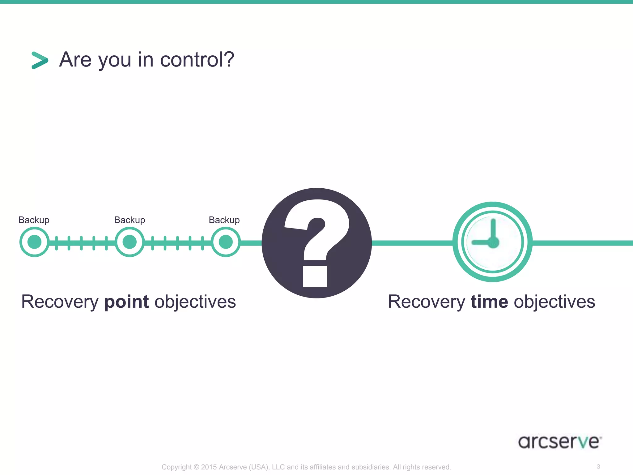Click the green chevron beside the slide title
pyautogui.click(x=40, y=60)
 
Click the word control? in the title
pyautogui.click(x=197, y=59)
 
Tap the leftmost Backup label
pyautogui.click(x=34, y=220)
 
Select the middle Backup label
pyautogui.click(x=130, y=220)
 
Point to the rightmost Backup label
pyautogui.click(x=224, y=220)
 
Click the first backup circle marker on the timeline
pyautogui.click(x=34, y=242)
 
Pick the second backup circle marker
pyautogui.click(x=130, y=242)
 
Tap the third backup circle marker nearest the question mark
pyautogui.click(x=226, y=242)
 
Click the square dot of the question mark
pyautogui.click(x=315, y=276)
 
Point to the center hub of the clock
pyautogui.click(x=493, y=242)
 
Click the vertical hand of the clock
pyautogui.click(x=493, y=229)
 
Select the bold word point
pyautogui.click(x=127, y=302)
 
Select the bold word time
pyautogui.click(x=489, y=302)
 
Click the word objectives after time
pyautogui.click(x=554, y=302)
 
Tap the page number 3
pyautogui.click(x=598, y=466)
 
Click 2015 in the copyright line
pyautogui.click(x=209, y=467)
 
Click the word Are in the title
pyautogui.click(x=75, y=59)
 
